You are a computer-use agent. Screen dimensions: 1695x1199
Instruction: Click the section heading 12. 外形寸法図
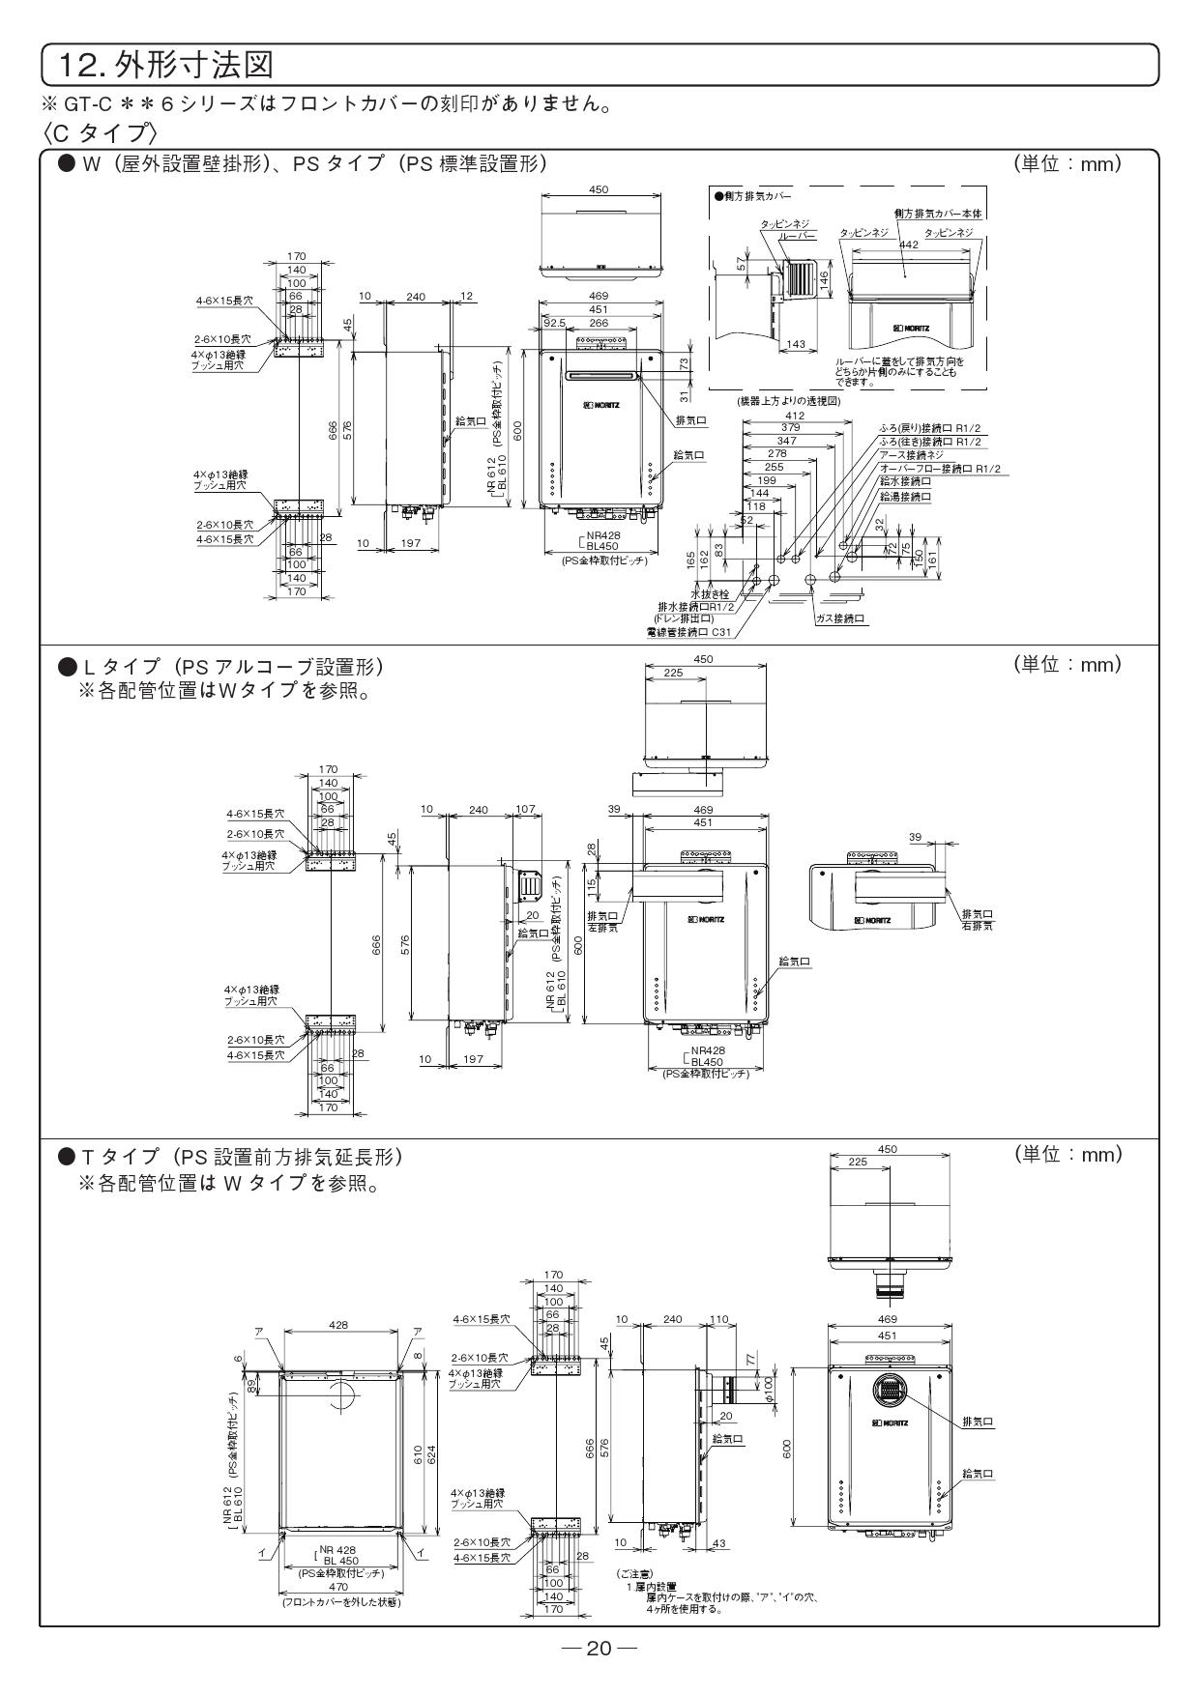[165, 66]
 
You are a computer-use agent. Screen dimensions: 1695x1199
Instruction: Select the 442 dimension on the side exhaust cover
[909, 244]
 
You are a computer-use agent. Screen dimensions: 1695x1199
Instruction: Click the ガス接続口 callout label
[840, 618]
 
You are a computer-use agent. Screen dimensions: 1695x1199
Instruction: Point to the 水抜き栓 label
[709, 593]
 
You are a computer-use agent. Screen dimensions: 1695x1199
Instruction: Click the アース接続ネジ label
[911, 454]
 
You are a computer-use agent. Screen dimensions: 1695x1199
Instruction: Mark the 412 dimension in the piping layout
[795, 416]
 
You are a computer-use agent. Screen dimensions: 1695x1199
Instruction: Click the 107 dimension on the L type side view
[525, 809]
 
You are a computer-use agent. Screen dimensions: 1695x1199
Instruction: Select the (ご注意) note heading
[634, 1574]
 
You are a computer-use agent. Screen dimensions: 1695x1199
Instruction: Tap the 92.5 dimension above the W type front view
[554, 324]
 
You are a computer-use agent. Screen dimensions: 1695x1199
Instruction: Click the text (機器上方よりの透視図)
[775, 399]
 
